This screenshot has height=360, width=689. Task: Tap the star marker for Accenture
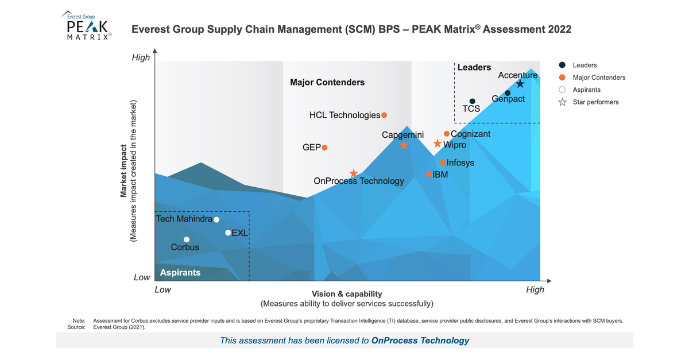(520, 84)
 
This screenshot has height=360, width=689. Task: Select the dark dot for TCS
(473, 102)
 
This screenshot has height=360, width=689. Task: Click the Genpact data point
(508, 93)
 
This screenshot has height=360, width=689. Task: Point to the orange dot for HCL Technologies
(384, 115)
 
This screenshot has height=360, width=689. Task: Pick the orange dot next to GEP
(324, 148)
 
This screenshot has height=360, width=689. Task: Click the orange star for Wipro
(438, 144)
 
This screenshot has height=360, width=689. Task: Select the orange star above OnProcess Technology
(354, 173)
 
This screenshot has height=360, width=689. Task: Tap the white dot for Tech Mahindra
(216, 219)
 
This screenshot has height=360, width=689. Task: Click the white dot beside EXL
(228, 233)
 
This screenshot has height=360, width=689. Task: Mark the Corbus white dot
(186, 239)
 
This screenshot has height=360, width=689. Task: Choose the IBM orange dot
(428, 174)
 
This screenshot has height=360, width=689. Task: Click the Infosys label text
(460, 162)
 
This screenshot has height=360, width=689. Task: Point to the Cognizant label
(471, 134)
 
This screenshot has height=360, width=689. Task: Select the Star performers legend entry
(595, 102)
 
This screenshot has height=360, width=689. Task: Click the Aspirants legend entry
(586, 90)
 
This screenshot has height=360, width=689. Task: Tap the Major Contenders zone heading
(327, 82)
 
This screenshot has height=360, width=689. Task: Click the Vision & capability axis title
(347, 293)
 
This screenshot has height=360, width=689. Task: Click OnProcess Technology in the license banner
(420, 340)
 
